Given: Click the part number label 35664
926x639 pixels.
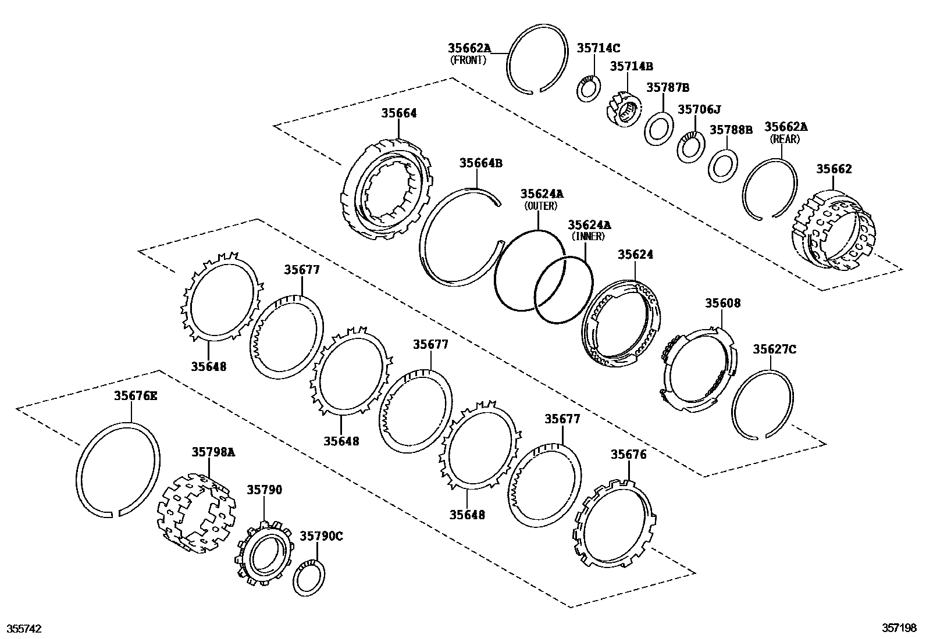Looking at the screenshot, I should pyautogui.click(x=399, y=113).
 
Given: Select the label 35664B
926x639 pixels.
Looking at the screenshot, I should pyautogui.click(x=480, y=163).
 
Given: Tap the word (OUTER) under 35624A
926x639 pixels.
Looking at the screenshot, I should pyautogui.click(x=540, y=206).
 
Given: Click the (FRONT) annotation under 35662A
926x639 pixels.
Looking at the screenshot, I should pyautogui.click(x=468, y=60).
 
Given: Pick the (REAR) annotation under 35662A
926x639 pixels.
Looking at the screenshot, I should pyautogui.click(x=785, y=139).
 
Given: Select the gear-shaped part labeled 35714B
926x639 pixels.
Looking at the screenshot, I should pyautogui.click(x=624, y=109).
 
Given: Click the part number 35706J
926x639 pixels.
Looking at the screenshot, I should pyautogui.click(x=699, y=109).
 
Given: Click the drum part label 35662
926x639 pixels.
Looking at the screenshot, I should pyautogui.click(x=834, y=169).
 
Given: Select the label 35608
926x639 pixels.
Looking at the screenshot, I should pyautogui.click(x=723, y=303).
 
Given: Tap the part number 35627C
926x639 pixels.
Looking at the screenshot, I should pyautogui.click(x=775, y=349).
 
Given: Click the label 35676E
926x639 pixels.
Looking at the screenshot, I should pyautogui.click(x=135, y=396).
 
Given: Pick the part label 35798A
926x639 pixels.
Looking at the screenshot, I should pyautogui.click(x=213, y=452).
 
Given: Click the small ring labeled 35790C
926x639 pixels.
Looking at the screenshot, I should pyautogui.click(x=308, y=579).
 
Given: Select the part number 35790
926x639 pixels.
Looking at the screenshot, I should pyautogui.click(x=265, y=490).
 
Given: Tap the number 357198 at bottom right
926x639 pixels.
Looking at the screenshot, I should pyautogui.click(x=899, y=629).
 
